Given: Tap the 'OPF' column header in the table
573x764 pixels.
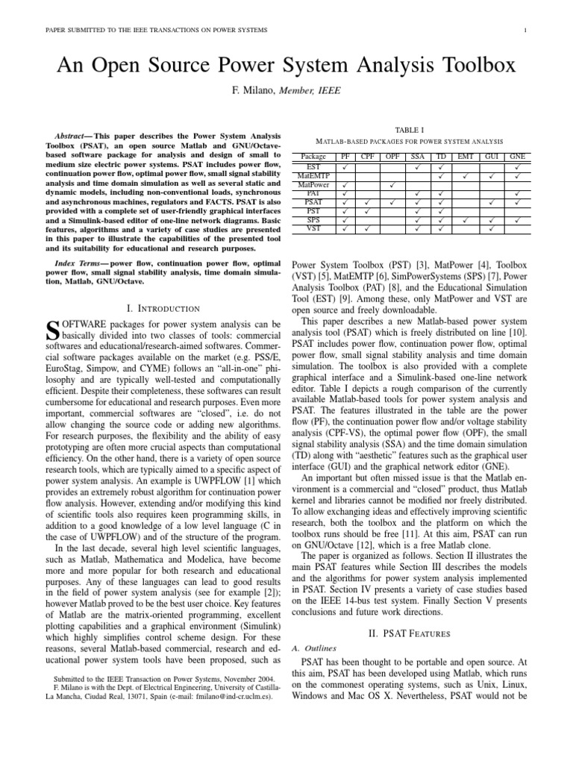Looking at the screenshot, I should pos(392,157).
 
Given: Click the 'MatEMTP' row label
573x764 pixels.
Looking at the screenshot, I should pos(313,175).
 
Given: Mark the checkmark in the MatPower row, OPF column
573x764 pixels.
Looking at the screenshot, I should pos(392,184).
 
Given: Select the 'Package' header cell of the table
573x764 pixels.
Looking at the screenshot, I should pos(313,157).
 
